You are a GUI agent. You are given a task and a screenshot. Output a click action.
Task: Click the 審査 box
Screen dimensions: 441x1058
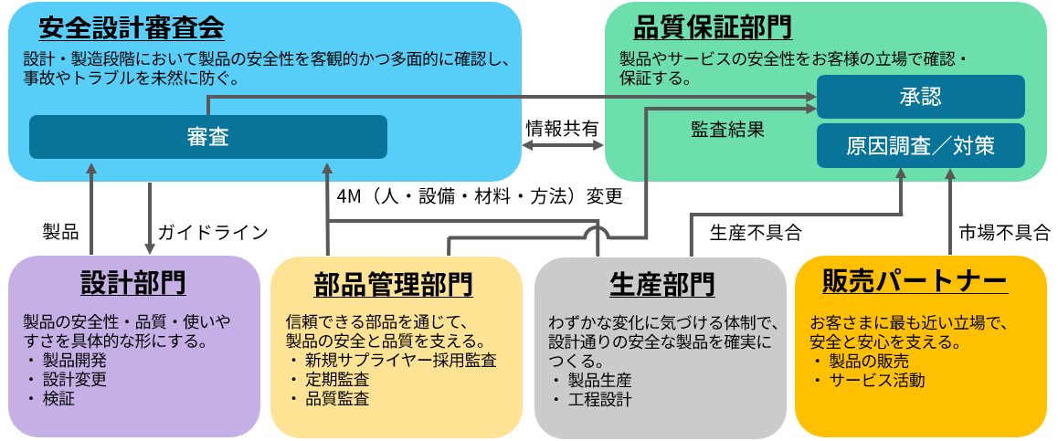[207, 137]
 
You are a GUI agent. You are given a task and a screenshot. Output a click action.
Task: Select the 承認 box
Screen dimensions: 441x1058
[920, 97]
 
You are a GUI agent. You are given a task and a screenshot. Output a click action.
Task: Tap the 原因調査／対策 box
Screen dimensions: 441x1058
[920, 145]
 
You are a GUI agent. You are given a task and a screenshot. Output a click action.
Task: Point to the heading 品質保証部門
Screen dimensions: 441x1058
[713, 27]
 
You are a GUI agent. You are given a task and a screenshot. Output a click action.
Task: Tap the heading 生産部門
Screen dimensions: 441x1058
[661, 284]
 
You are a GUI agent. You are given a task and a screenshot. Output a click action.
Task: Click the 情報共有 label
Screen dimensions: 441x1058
[562, 128]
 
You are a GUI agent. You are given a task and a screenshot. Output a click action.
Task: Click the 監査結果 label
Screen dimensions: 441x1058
[727, 130]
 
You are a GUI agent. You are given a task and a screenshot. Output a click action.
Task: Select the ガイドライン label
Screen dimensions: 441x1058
[213, 232]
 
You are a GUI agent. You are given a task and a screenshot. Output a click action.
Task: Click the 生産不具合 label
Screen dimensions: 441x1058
[755, 232]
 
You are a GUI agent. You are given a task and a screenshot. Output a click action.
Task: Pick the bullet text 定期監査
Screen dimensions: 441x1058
[337, 379]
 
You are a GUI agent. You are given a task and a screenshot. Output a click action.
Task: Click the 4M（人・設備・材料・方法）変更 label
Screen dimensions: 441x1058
[479, 196]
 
